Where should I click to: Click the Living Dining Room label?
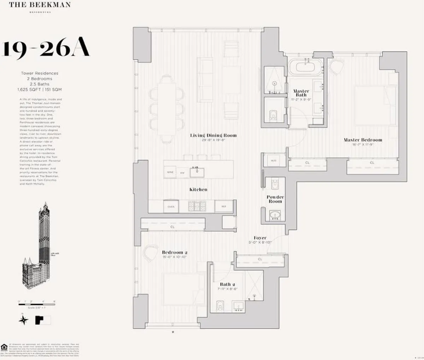213,135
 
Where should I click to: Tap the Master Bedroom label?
363,140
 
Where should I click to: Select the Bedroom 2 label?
175,252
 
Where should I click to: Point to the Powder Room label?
275,199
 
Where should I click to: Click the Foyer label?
260,238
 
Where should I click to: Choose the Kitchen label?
198,189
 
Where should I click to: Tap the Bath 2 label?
228,284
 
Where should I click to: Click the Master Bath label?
301,93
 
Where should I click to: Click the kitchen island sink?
195,172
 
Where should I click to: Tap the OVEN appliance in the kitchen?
171,207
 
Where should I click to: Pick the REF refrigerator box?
224,207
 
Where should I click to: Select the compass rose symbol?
24,320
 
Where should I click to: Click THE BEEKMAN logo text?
40,5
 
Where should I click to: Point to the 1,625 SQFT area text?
29,90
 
